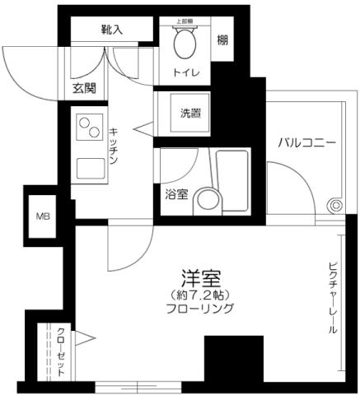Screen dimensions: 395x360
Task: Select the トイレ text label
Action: click(186, 72)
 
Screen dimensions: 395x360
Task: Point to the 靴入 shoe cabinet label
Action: click(112, 30)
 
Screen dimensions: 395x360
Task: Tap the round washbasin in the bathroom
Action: click(208, 200)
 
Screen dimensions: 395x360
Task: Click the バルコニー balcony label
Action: click(306, 143)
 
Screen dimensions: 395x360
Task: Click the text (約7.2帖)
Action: click(201, 294)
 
